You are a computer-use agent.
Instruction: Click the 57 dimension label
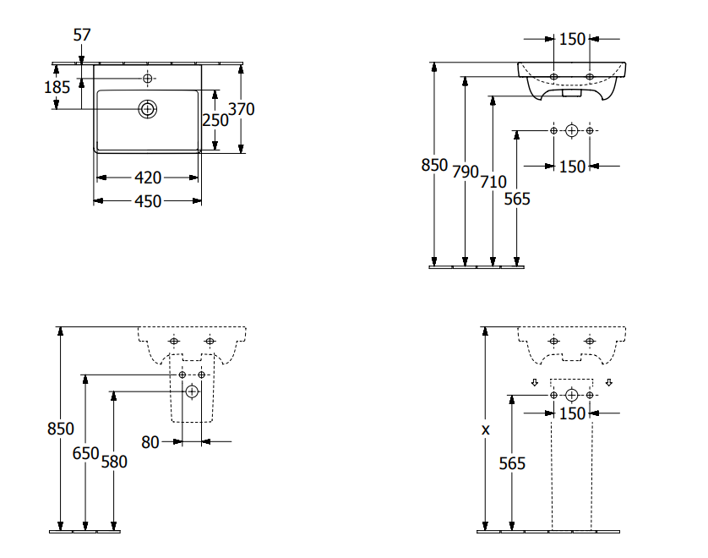tap(82, 35)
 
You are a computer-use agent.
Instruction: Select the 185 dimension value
tap(57, 86)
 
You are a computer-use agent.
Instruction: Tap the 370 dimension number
tap(242, 109)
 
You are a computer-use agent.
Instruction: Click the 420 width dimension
tap(148, 178)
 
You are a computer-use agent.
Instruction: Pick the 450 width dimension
tap(148, 200)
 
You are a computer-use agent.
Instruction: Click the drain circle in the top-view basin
tap(148, 108)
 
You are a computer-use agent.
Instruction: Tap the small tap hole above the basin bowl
tap(148, 79)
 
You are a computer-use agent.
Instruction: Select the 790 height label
tap(465, 171)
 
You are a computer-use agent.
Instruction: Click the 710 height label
tap(493, 181)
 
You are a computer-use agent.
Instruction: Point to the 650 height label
tap(85, 453)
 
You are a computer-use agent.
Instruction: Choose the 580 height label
tap(114, 462)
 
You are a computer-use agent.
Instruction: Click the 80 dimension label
tap(150, 440)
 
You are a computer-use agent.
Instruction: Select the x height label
tap(485, 429)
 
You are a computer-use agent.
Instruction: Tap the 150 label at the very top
tap(572, 39)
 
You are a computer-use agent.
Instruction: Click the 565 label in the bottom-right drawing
tap(512, 463)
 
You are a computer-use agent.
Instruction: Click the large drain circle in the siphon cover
tap(192, 391)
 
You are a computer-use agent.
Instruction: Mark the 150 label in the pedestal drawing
tap(572, 413)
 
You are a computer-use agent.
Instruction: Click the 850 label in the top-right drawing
tap(434, 166)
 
